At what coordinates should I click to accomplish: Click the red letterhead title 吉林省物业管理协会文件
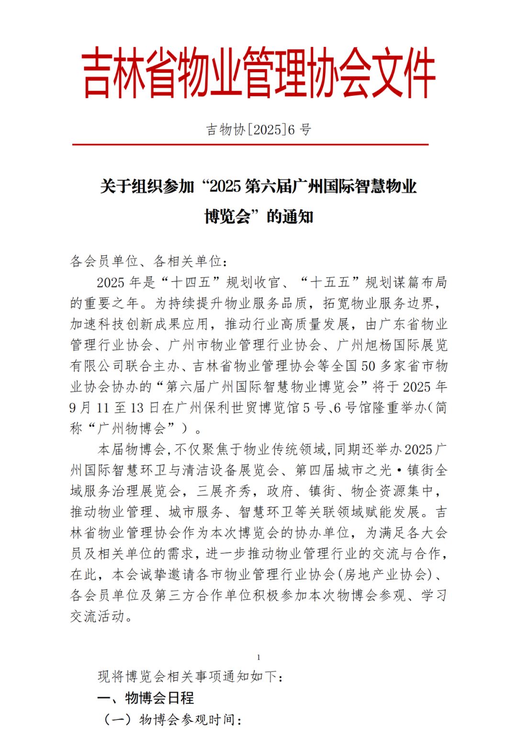pyautogui.click(x=258, y=73)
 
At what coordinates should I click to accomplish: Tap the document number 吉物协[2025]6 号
pyautogui.click(x=258, y=129)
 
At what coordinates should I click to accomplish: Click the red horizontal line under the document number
pyautogui.click(x=250, y=144)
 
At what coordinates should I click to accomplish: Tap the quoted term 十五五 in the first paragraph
pyautogui.click(x=330, y=283)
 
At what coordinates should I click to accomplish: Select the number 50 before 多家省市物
pyautogui.click(x=368, y=366)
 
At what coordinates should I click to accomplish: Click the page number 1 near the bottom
pyautogui.click(x=258, y=657)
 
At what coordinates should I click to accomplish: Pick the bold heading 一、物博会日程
pyautogui.click(x=146, y=698)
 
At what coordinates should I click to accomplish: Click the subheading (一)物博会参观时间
pyautogui.click(x=172, y=720)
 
